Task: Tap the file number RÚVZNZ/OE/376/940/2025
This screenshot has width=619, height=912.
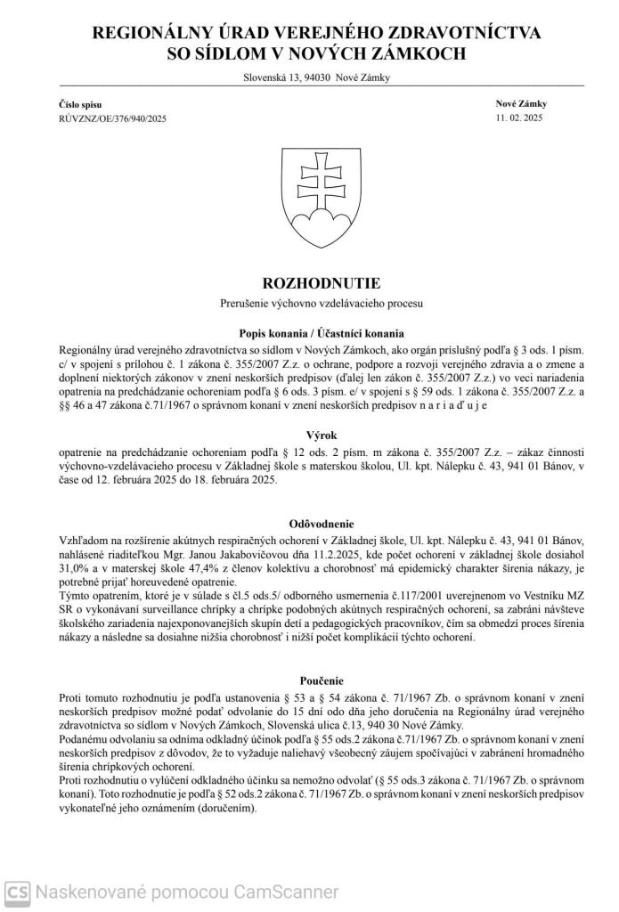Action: pyautogui.click(x=112, y=118)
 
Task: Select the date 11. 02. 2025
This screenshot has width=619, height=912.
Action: pyautogui.click(x=519, y=118)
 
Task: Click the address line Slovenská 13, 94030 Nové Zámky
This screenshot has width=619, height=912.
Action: pyautogui.click(x=316, y=77)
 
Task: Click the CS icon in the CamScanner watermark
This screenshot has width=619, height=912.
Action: pyautogui.click(x=15, y=892)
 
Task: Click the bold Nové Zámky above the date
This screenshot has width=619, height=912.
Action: pyautogui.click(x=521, y=104)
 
